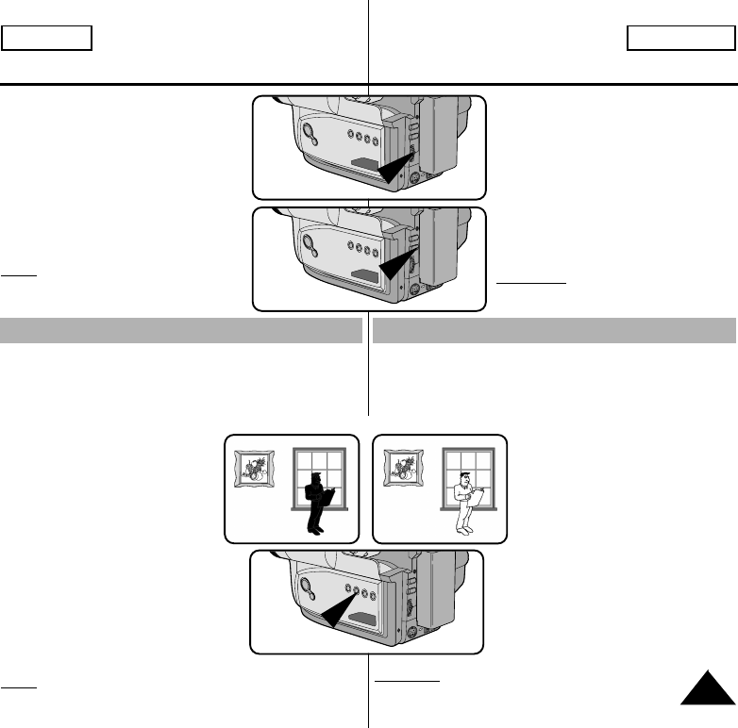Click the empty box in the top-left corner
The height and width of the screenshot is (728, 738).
pos(46,38)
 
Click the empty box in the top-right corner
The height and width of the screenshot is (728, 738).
pos(679,38)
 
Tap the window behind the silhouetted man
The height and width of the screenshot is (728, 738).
pos(319,477)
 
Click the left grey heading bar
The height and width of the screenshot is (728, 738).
pos(182,331)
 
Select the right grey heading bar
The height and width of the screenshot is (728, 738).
pos(554,331)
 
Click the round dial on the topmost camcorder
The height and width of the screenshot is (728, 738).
pos(309,131)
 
